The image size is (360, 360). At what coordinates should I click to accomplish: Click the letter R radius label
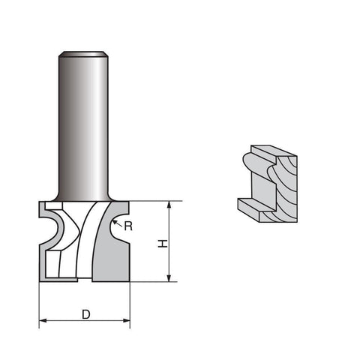[128, 226]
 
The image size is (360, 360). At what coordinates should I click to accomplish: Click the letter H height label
[163, 244]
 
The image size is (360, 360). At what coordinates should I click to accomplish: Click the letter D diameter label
[86, 314]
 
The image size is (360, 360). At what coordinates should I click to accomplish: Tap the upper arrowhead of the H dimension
[169, 205]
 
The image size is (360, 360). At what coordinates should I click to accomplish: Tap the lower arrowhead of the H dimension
[169, 278]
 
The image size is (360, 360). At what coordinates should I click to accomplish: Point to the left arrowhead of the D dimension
[43, 320]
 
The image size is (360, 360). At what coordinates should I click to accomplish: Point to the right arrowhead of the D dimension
[126, 320]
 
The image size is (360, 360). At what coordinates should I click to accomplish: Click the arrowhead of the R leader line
[115, 222]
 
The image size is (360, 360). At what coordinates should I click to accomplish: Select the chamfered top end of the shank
[83, 54]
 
